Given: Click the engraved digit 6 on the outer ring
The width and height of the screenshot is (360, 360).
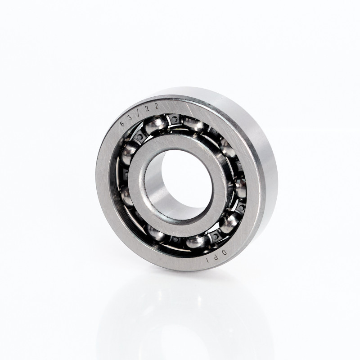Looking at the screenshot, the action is pos(122,124).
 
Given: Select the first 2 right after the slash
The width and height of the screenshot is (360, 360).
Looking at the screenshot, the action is pos(148,109).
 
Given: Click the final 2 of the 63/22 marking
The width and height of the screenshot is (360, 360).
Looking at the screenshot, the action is pos(157,106).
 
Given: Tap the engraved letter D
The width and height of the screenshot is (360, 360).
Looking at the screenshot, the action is pos(225,252).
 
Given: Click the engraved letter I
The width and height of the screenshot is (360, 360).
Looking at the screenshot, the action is pos(208,261).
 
